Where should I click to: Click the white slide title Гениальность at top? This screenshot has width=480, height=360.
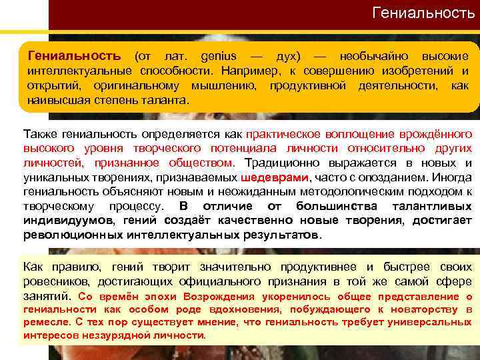coord(423,13)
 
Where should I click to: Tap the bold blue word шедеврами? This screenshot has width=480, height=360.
coord(273,177)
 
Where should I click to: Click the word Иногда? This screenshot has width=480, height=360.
coord(452,177)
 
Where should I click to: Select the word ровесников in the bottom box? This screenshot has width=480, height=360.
coord(53,281)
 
